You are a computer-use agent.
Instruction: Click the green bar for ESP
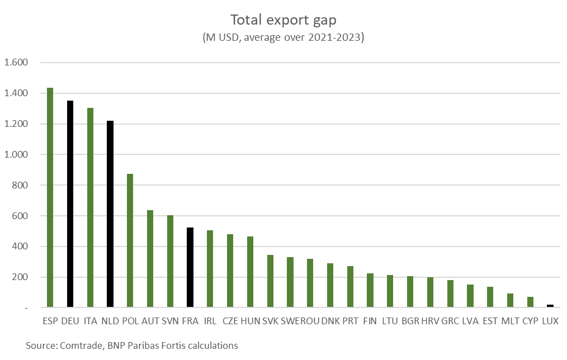[x=50, y=197]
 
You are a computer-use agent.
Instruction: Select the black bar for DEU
[x=70, y=204]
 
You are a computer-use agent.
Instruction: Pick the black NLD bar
[x=110, y=214]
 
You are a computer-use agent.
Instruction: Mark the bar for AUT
[x=150, y=259]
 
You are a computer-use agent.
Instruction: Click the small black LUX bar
[x=550, y=306]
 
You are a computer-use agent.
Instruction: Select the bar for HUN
[x=250, y=272]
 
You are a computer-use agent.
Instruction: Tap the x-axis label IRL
[x=210, y=322]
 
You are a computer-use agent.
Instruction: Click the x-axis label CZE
[x=230, y=322]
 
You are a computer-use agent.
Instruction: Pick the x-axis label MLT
[x=510, y=322]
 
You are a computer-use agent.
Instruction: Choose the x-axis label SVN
[x=170, y=322]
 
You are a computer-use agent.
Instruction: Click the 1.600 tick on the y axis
[x=16, y=63]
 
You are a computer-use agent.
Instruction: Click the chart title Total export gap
[x=283, y=20]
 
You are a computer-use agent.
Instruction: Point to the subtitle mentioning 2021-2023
[x=283, y=38]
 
